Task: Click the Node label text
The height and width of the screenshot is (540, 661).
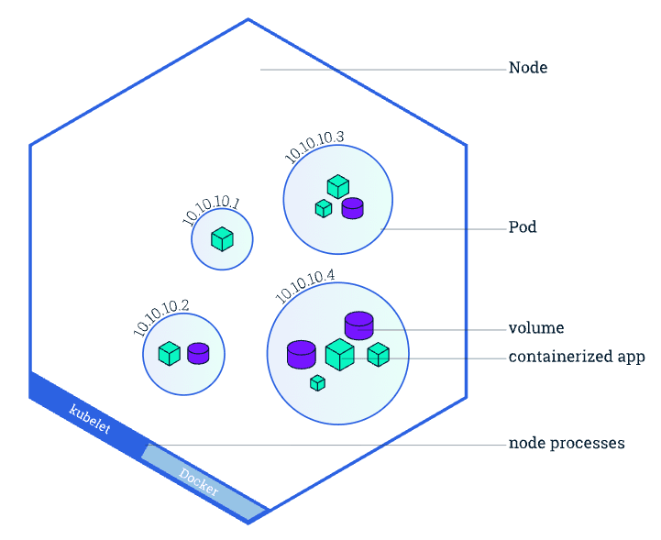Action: tap(528, 68)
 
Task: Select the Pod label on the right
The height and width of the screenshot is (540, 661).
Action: tap(523, 227)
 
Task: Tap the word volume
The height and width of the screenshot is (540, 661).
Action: tap(536, 328)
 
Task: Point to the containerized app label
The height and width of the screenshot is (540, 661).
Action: tap(577, 357)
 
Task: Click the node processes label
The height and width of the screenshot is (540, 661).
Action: tap(567, 444)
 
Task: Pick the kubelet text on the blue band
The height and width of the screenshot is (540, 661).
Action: tap(90, 419)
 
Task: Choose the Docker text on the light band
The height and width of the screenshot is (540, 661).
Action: tap(199, 481)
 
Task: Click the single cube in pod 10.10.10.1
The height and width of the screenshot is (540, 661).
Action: tap(222, 239)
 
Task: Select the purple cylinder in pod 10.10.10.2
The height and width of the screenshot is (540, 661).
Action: tap(198, 353)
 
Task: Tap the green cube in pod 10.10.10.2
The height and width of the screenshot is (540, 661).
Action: tap(170, 353)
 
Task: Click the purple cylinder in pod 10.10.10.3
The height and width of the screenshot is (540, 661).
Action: tap(352, 208)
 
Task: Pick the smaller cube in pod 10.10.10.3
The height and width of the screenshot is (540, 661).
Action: tap(324, 209)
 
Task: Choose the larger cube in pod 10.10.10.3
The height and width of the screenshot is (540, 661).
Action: tap(338, 187)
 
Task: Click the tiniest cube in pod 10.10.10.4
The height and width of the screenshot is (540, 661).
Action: tap(317, 383)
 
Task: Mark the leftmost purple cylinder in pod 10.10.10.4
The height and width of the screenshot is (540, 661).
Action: tap(302, 355)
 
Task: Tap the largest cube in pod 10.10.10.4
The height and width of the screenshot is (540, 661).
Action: tap(340, 355)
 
